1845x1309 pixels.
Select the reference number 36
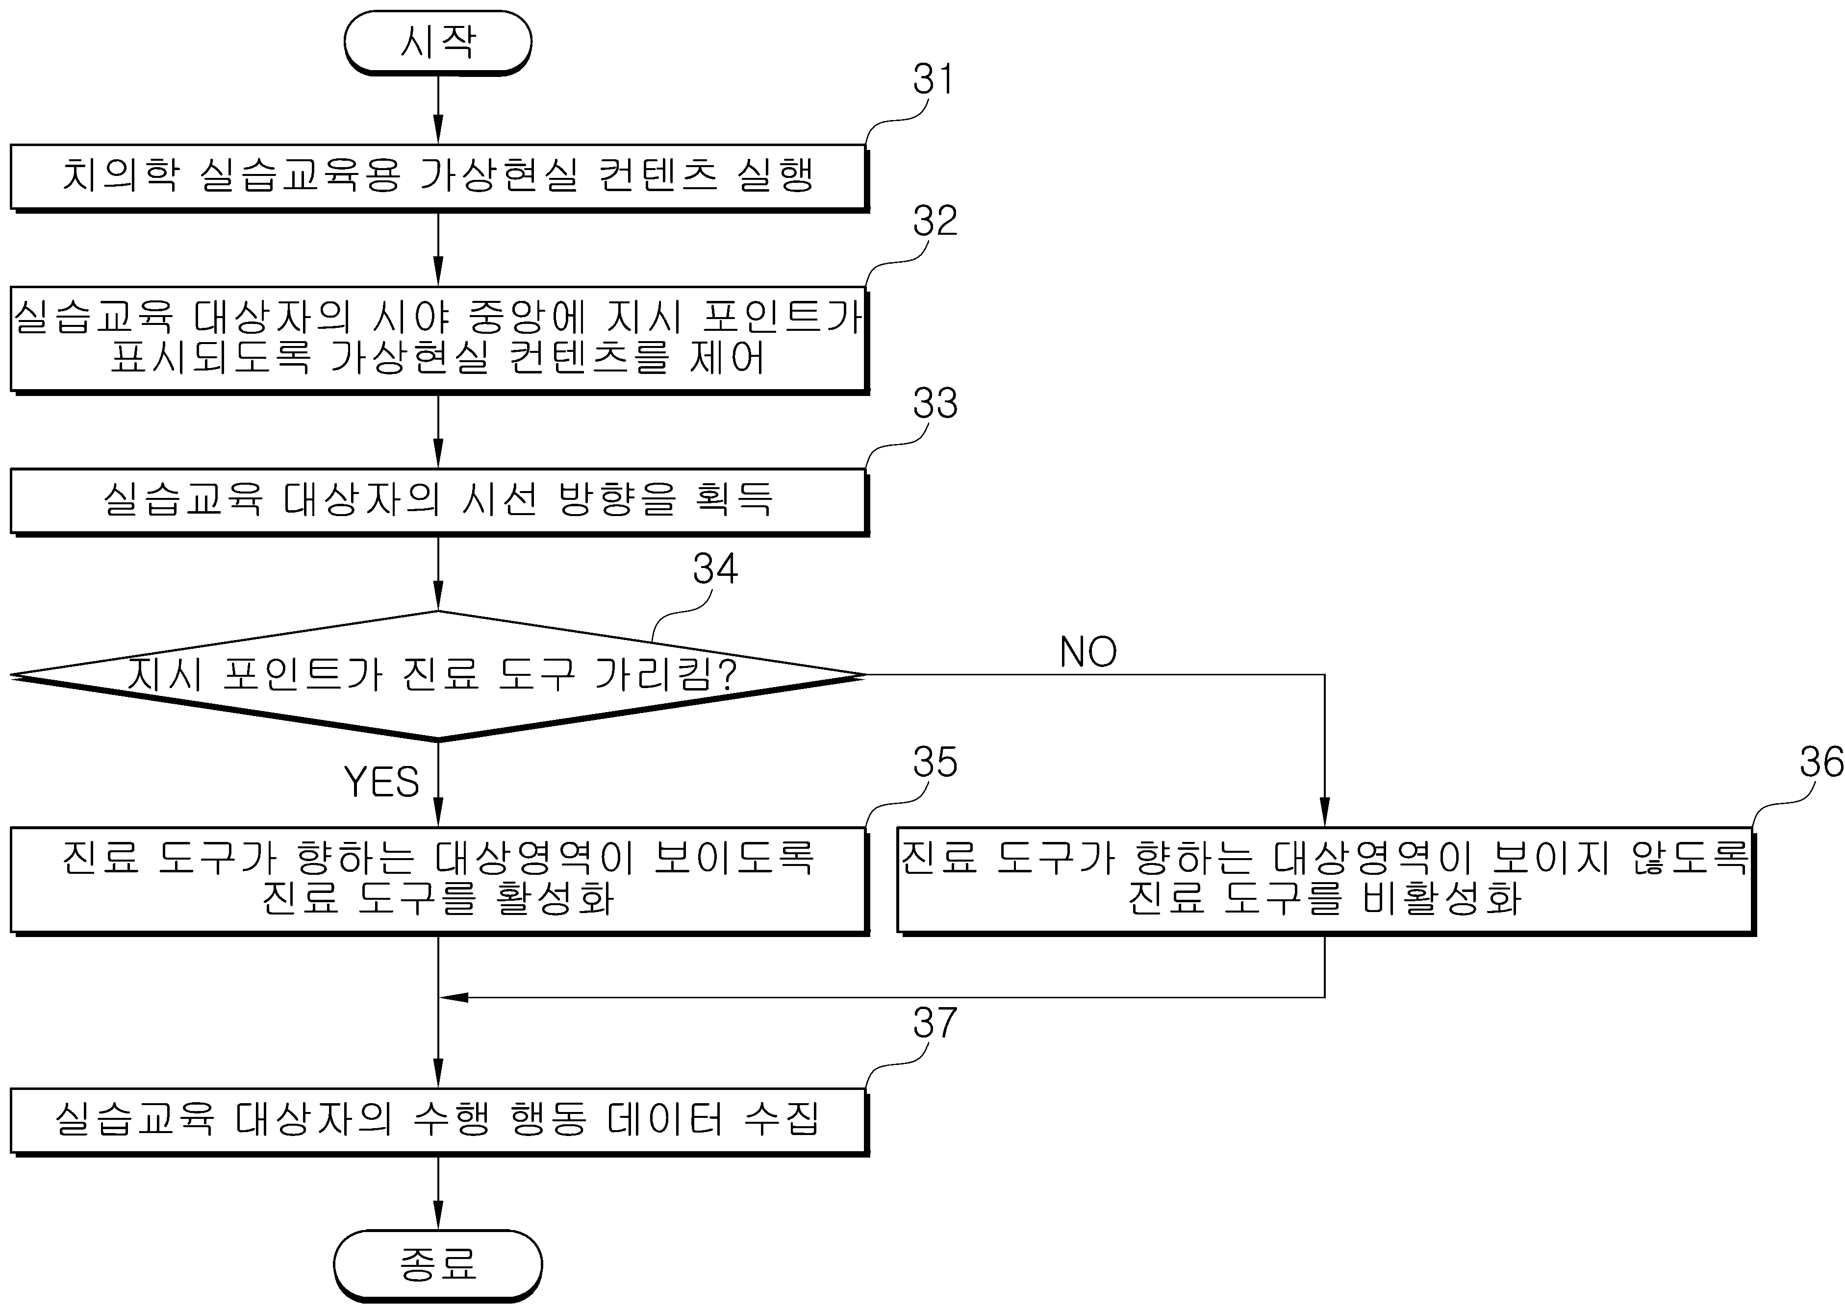(1821, 762)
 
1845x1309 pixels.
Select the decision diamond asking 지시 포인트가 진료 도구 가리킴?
(438, 675)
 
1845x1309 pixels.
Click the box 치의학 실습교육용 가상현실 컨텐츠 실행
(439, 178)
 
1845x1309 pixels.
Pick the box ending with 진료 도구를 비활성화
(1326, 882)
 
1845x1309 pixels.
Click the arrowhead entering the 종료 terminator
(438, 1215)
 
